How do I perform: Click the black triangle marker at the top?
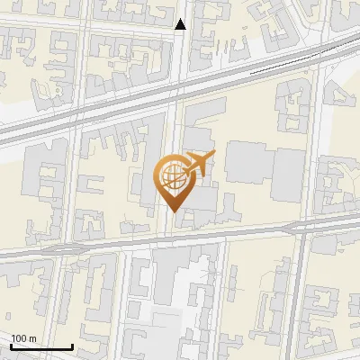[x=181, y=24]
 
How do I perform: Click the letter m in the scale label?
[x=33, y=338]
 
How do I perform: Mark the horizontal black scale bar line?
[x=41, y=346]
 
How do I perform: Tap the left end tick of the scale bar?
[x=12, y=345]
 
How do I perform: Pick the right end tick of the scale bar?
[x=72, y=345]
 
